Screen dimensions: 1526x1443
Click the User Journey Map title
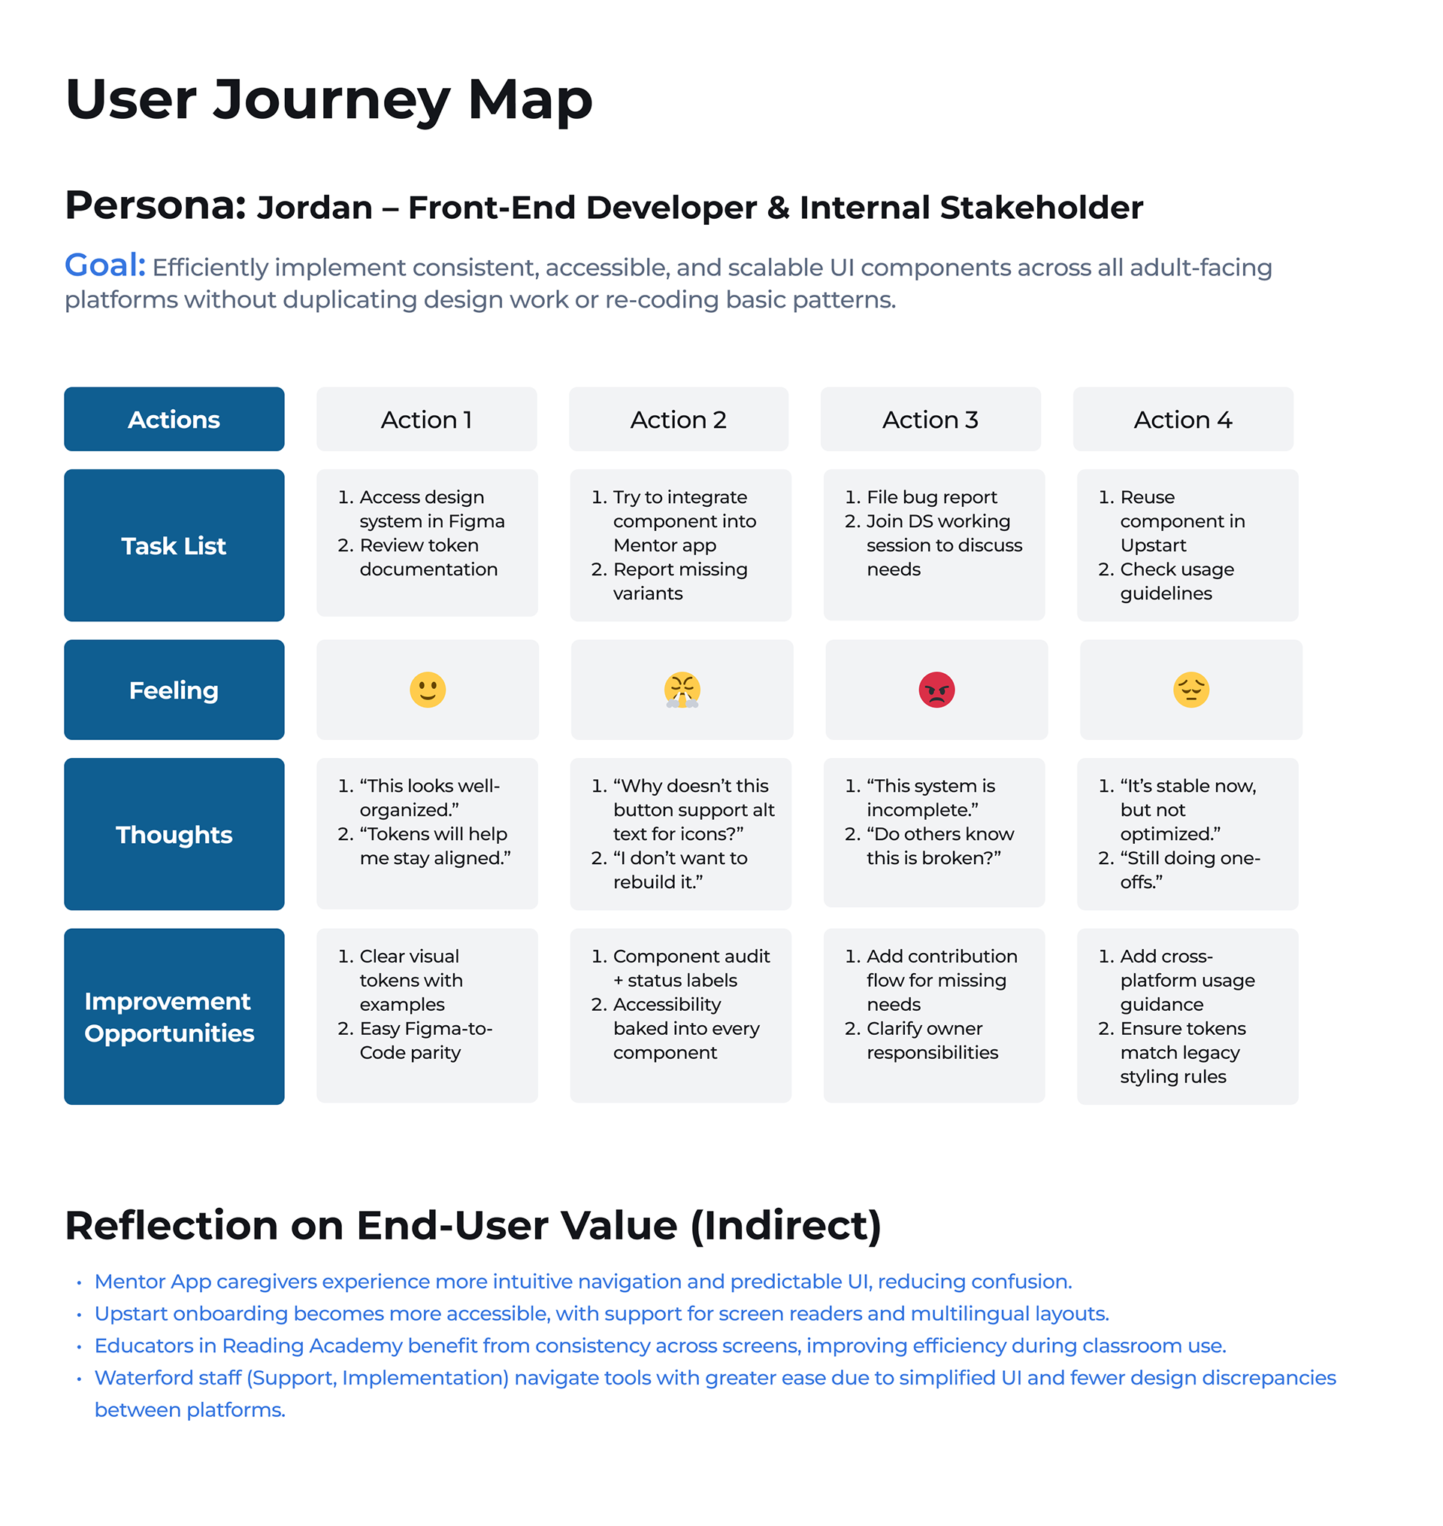coord(328,100)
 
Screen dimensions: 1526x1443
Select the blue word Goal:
coord(104,265)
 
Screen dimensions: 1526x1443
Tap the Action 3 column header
coord(930,420)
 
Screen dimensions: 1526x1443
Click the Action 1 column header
coord(426,420)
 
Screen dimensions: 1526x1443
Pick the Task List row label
coord(174,545)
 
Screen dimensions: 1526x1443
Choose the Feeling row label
coord(174,690)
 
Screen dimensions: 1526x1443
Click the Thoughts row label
coord(174,835)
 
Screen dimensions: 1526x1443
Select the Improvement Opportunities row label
coord(169,1017)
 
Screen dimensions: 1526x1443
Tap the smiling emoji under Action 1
coord(428,690)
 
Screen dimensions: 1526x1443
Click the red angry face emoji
coord(936,690)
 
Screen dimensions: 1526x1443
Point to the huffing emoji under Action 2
coord(682,690)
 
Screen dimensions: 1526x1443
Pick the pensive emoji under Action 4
coord(1190,690)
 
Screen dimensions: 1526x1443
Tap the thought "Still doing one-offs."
coord(1189,869)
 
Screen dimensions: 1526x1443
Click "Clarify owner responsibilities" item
coord(931,1040)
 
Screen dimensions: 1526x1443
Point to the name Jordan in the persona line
coord(315,208)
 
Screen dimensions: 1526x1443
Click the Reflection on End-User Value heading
coord(473,1225)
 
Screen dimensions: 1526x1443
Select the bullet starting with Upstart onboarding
coord(600,1314)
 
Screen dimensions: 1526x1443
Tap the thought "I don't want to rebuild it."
coord(679,869)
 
